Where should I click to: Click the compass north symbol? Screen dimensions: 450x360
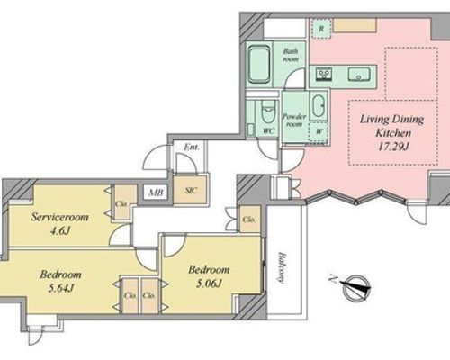point(356,287)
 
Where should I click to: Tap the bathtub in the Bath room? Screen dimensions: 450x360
point(258,64)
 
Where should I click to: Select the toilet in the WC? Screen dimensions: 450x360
point(268,112)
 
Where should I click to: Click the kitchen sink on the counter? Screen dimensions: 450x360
point(359,74)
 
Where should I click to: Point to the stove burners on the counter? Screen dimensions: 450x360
point(324,74)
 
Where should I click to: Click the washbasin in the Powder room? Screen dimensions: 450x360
point(319,106)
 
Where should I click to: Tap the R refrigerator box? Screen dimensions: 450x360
point(321,29)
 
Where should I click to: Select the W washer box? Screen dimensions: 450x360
point(319,131)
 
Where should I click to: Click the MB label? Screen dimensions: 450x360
point(157,193)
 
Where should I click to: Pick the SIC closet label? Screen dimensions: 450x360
point(191,191)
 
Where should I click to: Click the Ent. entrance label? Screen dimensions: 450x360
point(192,148)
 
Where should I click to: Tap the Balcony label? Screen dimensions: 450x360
point(281,268)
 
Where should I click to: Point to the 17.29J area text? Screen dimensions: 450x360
point(393,147)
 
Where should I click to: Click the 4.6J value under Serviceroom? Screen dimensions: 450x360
point(60,230)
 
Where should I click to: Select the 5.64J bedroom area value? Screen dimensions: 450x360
point(61,288)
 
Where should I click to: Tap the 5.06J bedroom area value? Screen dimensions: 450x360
point(209,283)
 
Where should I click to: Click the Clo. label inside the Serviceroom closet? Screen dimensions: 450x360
point(121,204)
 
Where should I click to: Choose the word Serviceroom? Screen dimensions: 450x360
point(60,217)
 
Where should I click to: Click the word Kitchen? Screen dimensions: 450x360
point(393,132)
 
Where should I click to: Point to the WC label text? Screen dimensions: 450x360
point(269,130)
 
